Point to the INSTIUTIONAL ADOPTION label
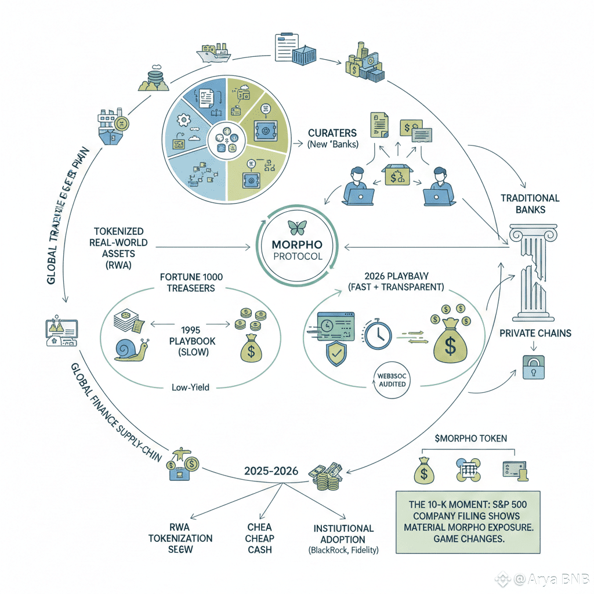[343, 533]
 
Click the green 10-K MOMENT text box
[467, 522]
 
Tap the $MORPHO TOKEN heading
[470, 439]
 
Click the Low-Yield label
[191, 387]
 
